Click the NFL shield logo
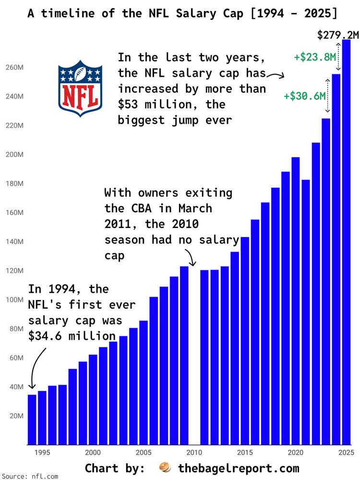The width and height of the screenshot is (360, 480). tap(80, 88)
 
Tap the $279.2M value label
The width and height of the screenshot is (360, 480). tap(338, 35)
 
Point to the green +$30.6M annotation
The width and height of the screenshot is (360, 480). tap(305, 96)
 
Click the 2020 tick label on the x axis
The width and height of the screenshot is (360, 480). tap(295, 453)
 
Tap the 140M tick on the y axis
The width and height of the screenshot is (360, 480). tap(15, 242)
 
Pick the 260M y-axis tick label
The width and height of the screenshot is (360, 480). tap(15, 68)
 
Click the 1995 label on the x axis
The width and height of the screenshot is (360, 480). tap(42, 453)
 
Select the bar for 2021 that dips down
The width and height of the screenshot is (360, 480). tap(306, 312)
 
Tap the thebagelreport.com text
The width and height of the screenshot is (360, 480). tap(239, 468)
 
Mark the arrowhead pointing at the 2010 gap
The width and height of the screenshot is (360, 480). tap(193, 264)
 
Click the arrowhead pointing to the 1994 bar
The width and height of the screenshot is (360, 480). tap(32, 387)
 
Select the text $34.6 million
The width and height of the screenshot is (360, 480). tap(72, 336)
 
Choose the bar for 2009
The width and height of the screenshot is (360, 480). tap(184, 355)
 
